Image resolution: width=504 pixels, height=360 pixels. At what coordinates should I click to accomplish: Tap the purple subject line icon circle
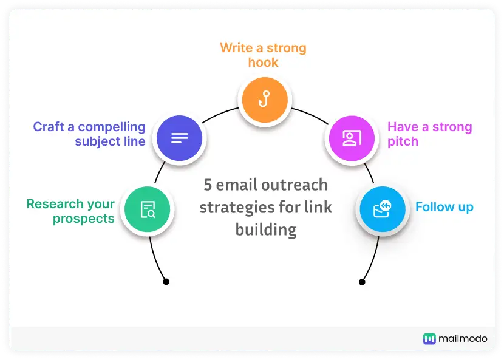180,138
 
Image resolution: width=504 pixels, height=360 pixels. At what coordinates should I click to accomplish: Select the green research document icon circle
148,210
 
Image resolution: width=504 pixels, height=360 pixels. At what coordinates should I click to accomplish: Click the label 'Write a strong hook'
263,55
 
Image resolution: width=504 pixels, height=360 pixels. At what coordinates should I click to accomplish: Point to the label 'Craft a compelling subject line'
89,134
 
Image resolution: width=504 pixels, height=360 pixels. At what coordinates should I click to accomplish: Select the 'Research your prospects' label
70,211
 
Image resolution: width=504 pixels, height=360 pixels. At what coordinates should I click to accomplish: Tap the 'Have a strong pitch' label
429,134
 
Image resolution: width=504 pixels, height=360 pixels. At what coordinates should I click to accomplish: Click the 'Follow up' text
444,207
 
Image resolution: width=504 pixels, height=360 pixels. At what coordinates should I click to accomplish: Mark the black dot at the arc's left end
166,282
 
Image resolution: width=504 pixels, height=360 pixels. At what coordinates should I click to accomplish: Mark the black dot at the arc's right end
362,282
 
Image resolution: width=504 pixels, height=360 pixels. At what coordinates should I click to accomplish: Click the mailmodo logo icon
429,339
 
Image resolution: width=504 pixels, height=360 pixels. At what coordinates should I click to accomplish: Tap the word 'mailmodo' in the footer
463,339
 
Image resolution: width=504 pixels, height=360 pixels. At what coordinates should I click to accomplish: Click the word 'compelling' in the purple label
112,127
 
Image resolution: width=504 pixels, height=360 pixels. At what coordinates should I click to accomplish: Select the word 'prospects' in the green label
84,219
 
